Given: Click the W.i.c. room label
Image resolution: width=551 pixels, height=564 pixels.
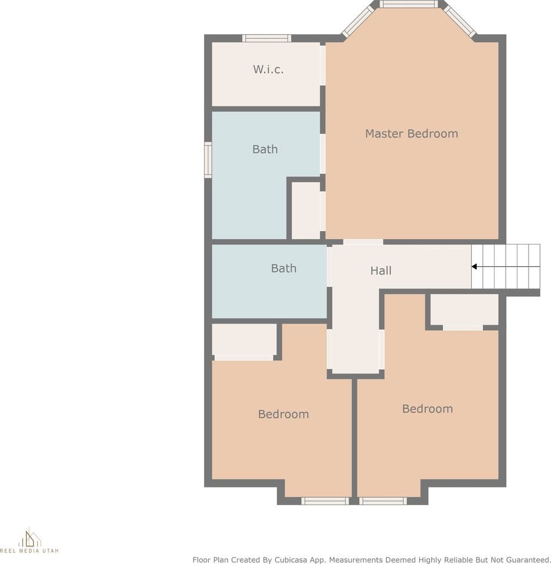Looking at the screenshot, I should pyautogui.click(x=268, y=69).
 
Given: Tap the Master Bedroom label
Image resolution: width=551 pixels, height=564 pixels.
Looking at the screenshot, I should pyautogui.click(x=411, y=133).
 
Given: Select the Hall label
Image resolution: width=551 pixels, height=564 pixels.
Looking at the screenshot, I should pyautogui.click(x=380, y=271).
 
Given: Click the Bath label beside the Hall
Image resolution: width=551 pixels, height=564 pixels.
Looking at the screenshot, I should pyautogui.click(x=283, y=268).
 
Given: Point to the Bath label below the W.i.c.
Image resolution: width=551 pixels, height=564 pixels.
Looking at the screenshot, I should pyautogui.click(x=265, y=149).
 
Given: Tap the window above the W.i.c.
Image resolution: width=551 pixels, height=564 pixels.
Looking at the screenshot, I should pyautogui.click(x=267, y=39).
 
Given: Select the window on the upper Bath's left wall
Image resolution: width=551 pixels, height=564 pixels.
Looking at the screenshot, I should pyautogui.click(x=208, y=160).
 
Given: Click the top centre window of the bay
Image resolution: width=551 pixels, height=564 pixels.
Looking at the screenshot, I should pyautogui.click(x=408, y=4).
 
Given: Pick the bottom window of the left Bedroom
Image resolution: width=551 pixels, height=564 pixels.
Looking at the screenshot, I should pyautogui.click(x=325, y=501).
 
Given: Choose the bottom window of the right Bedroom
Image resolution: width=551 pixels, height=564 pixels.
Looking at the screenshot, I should pyautogui.click(x=383, y=501).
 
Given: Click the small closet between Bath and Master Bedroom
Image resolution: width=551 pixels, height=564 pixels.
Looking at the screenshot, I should pyautogui.click(x=306, y=210).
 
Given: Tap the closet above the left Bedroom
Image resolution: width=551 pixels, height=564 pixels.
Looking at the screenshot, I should pyautogui.click(x=244, y=340).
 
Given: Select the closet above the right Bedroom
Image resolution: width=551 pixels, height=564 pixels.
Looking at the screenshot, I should pyautogui.click(x=464, y=310).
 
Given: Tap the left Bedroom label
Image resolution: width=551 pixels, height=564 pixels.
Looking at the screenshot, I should pyautogui.click(x=283, y=414).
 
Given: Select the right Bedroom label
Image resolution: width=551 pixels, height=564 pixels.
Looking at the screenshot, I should pyautogui.click(x=428, y=409).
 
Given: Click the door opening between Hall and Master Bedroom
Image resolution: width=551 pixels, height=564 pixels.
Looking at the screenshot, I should pyautogui.click(x=363, y=242).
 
